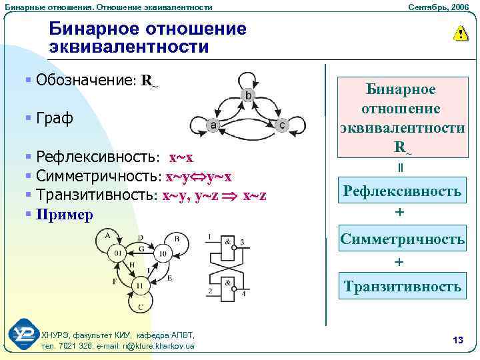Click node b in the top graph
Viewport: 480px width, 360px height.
coord(247,97)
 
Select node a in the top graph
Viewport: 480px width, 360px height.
coord(212,125)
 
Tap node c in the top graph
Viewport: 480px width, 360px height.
coord(282,125)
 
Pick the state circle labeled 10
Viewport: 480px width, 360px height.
coord(161,254)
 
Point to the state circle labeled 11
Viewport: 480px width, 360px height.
coord(139,285)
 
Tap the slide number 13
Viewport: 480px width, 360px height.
coord(457,341)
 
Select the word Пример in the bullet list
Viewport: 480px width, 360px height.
coord(65,214)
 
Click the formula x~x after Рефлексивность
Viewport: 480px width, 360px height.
coord(181,157)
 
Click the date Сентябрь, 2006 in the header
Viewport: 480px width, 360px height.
coord(441,7)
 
